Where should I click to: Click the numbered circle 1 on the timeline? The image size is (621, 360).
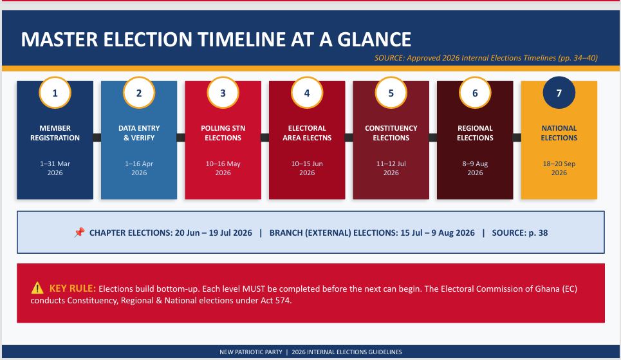coord(55,93)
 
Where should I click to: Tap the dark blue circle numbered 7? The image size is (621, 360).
coord(559,93)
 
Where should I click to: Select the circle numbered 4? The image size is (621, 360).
coord(307,93)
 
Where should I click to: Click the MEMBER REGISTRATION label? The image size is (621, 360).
coord(55,133)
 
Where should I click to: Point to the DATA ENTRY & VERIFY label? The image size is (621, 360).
coord(139,133)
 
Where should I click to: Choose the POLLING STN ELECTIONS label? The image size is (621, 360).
coord(223,133)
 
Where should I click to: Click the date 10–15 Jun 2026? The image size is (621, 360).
coord(307,168)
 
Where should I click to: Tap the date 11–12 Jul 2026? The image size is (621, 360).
coord(391,168)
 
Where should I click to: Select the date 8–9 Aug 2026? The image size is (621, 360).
coord(475,168)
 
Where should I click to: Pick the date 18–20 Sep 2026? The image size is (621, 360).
coord(559,168)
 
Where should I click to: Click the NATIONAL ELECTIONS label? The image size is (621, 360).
coord(559,133)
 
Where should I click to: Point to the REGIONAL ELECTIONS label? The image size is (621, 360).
coord(475,133)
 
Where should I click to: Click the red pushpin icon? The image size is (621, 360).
coord(79,232)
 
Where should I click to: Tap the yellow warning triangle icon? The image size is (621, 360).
coord(37,288)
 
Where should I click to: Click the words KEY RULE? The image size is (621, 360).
coord(73,289)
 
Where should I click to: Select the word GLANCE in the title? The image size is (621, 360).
coord(375,39)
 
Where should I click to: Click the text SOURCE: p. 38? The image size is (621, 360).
coord(519,232)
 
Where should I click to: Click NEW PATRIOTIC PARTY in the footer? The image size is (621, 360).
coord(251,352)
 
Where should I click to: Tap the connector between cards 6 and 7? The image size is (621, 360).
coord(517,138)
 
